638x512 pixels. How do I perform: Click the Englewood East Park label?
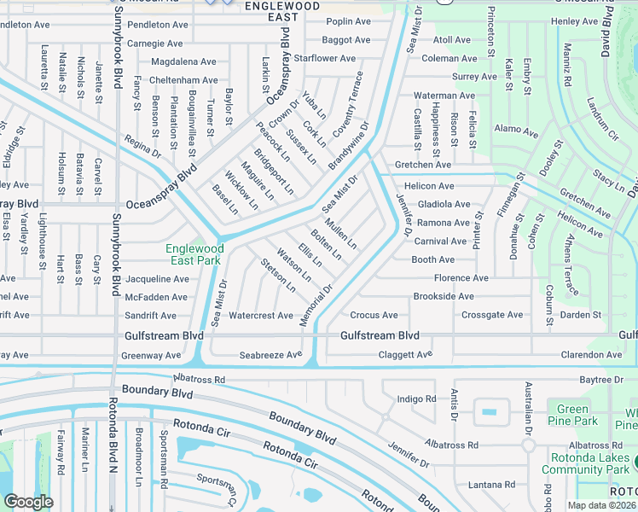click(194, 254)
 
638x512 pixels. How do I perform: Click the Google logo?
click(28, 501)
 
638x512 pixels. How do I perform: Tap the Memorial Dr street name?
click(316, 302)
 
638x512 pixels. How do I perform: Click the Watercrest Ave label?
click(261, 316)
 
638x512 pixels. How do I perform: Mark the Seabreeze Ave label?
click(270, 354)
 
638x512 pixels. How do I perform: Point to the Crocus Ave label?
click(374, 316)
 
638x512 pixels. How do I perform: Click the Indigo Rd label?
click(417, 399)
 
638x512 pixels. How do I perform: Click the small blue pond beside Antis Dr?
click(489, 411)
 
